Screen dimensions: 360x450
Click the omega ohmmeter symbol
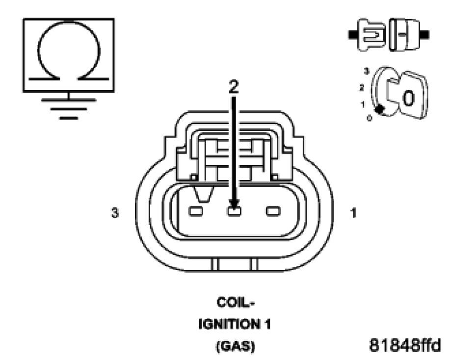(68, 54)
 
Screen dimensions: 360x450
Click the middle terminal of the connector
(234, 212)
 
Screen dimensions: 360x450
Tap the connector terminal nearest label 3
(195, 212)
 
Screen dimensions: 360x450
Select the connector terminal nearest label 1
(272, 212)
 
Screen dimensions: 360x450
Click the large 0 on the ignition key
(408, 98)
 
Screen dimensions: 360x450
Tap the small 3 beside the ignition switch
(366, 72)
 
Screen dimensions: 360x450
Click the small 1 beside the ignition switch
(363, 104)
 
